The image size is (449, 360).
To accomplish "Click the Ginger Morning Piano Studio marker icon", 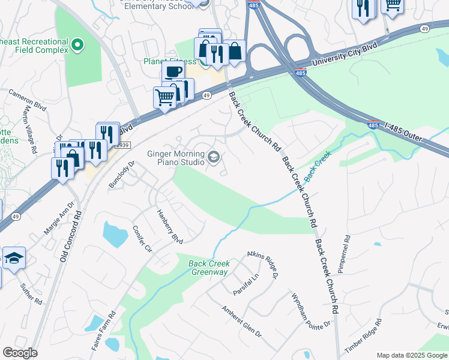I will coord(213,158).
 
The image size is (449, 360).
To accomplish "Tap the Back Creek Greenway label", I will coord(209,268).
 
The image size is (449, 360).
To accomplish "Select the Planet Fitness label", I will coord(170,61).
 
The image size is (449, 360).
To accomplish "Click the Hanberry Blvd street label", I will coord(169,226).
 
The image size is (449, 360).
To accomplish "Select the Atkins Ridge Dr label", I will coord(262,265).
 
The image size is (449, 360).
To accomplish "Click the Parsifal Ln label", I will coord(246,284).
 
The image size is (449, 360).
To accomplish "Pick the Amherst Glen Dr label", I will coord(241,322).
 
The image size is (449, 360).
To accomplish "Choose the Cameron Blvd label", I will coord(27,100).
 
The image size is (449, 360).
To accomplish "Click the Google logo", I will coord(20,353).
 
